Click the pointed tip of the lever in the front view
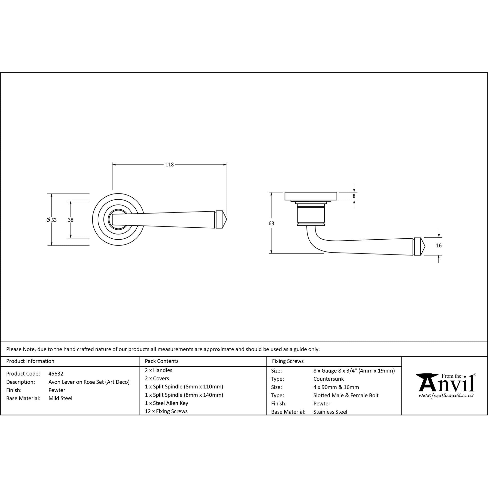pyautogui.click(x=227, y=220)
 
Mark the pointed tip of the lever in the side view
pyautogui.click(x=425, y=246)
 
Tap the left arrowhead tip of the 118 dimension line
pyautogui.click(x=112, y=165)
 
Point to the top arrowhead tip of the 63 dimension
pyautogui.click(x=271, y=192)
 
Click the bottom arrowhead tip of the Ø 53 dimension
pyautogui.click(x=51, y=245)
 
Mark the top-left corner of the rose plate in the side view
pyautogui.click(x=285, y=192)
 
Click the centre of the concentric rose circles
pyautogui.click(x=118, y=220)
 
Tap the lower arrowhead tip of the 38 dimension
pyautogui.click(x=71, y=238)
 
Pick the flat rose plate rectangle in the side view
pyautogui.click(x=311, y=196)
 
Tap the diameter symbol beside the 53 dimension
pyautogui.click(x=48, y=220)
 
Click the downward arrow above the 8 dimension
pyautogui.click(x=354, y=188)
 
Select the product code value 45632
pyautogui.click(x=56, y=374)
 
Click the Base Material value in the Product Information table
pyautogui.click(x=60, y=398)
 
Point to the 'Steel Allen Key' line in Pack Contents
pyautogui.click(x=166, y=403)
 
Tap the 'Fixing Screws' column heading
pyautogui.click(x=288, y=361)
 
